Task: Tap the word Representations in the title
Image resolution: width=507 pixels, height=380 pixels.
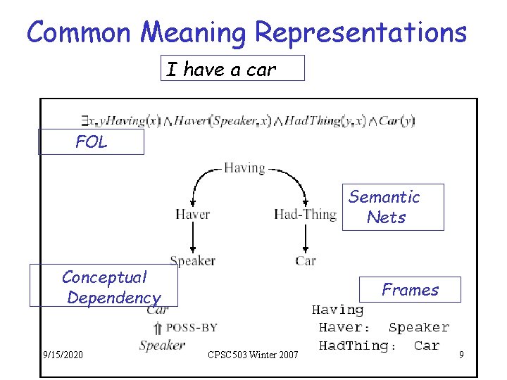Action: [x=361, y=32]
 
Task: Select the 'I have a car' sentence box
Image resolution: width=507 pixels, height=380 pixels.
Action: [x=232, y=69]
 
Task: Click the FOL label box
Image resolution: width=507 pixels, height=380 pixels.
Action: [x=92, y=142]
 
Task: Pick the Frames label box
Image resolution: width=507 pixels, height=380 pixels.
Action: [x=411, y=289]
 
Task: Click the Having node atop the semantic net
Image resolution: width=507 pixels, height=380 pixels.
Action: [x=244, y=168]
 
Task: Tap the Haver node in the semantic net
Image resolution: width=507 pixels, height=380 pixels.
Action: [x=192, y=214]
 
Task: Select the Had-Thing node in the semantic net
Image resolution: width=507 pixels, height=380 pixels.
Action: [x=305, y=214]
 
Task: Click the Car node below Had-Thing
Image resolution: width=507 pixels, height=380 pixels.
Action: [x=306, y=261]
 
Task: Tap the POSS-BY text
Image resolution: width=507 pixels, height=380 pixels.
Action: [x=191, y=327]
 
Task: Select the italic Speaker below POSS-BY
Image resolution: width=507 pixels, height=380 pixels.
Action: [x=162, y=345]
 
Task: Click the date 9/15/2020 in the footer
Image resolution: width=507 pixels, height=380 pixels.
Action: [x=63, y=355]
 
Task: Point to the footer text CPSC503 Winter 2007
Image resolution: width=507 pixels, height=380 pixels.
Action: [x=254, y=355]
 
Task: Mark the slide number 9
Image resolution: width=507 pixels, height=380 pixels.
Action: [x=461, y=355]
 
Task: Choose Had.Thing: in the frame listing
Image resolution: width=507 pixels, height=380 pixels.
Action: [x=357, y=346]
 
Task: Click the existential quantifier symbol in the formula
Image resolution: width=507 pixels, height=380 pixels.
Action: [x=84, y=121]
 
